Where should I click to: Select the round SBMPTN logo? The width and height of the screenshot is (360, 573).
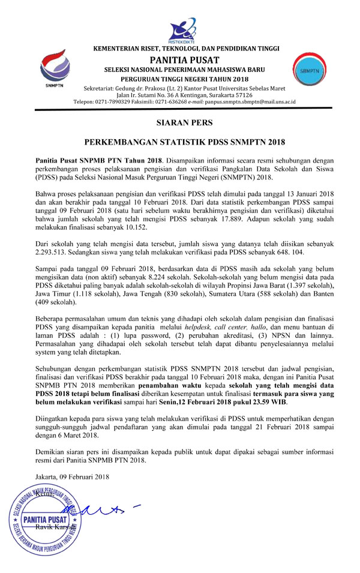tap(307, 71)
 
